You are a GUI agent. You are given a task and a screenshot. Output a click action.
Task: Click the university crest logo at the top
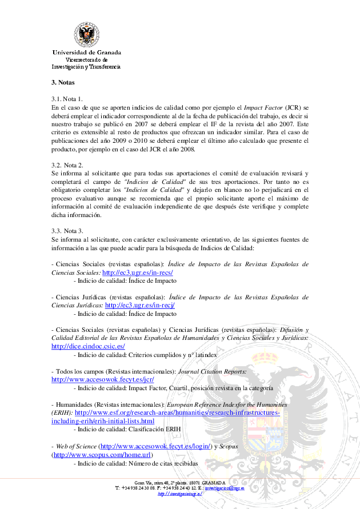[86, 35]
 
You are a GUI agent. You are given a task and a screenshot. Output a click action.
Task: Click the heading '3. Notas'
[63, 82]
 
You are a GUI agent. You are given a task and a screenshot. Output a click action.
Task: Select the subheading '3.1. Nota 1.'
[67, 99]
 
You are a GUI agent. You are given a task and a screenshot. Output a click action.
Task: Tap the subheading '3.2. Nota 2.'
[67, 165]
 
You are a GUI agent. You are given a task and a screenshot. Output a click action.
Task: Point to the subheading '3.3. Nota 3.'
[67, 231]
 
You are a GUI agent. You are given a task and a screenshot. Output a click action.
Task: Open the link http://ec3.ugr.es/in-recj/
[139, 305]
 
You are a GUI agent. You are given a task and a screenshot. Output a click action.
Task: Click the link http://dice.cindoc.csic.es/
[88, 346]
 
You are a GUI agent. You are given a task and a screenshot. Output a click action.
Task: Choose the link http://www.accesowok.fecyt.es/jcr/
[103, 379]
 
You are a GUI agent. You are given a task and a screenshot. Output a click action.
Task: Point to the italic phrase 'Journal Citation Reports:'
[213, 371]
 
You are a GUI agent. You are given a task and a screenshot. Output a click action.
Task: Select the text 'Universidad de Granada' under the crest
[86, 53]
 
